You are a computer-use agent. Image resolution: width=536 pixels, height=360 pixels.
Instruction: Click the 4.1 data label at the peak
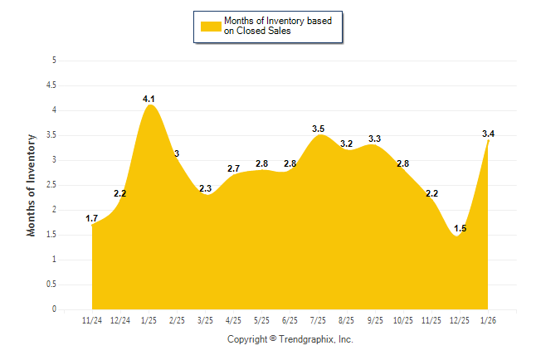click(x=149, y=99)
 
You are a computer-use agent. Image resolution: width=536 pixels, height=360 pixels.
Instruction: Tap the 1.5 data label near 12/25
click(x=460, y=228)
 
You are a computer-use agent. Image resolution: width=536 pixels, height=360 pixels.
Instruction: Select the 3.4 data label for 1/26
click(x=489, y=134)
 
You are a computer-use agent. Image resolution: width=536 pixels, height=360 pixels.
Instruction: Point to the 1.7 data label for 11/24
click(x=92, y=218)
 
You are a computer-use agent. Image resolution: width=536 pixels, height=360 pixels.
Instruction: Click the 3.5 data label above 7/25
click(x=319, y=129)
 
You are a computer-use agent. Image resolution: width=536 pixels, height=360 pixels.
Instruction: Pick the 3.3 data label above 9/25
click(x=375, y=139)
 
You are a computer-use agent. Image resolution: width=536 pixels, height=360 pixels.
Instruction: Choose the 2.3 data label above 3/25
click(x=206, y=188)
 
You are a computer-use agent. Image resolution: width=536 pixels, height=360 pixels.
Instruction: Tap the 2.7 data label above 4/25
click(x=234, y=168)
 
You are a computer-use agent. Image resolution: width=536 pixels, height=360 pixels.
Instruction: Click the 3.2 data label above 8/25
click(x=347, y=144)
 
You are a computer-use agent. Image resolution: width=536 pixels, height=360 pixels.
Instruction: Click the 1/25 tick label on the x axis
click(x=149, y=320)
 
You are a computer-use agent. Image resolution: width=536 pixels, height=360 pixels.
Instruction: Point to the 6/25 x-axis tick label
click(x=290, y=320)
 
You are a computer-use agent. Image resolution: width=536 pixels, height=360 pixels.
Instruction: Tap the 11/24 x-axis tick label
click(x=93, y=320)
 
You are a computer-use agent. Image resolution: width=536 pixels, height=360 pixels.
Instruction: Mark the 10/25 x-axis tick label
click(x=403, y=320)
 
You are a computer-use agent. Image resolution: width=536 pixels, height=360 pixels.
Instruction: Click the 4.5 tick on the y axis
click(x=51, y=85)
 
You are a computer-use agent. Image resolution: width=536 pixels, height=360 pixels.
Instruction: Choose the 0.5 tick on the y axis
click(x=51, y=285)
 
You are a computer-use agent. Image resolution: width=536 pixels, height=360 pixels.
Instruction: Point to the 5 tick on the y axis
click(x=54, y=61)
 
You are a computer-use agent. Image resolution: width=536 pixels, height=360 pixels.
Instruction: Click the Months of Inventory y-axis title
click(x=32, y=185)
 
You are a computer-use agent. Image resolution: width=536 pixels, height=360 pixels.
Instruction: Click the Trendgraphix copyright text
click(x=290, y=339)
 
